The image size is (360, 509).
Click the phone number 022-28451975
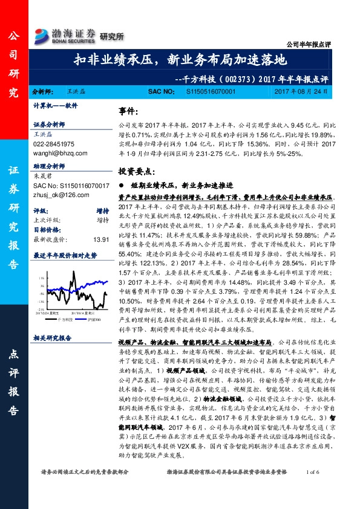(54, 145)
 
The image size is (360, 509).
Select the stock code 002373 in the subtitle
(232, 78)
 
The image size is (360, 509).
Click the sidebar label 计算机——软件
(56, 105)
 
